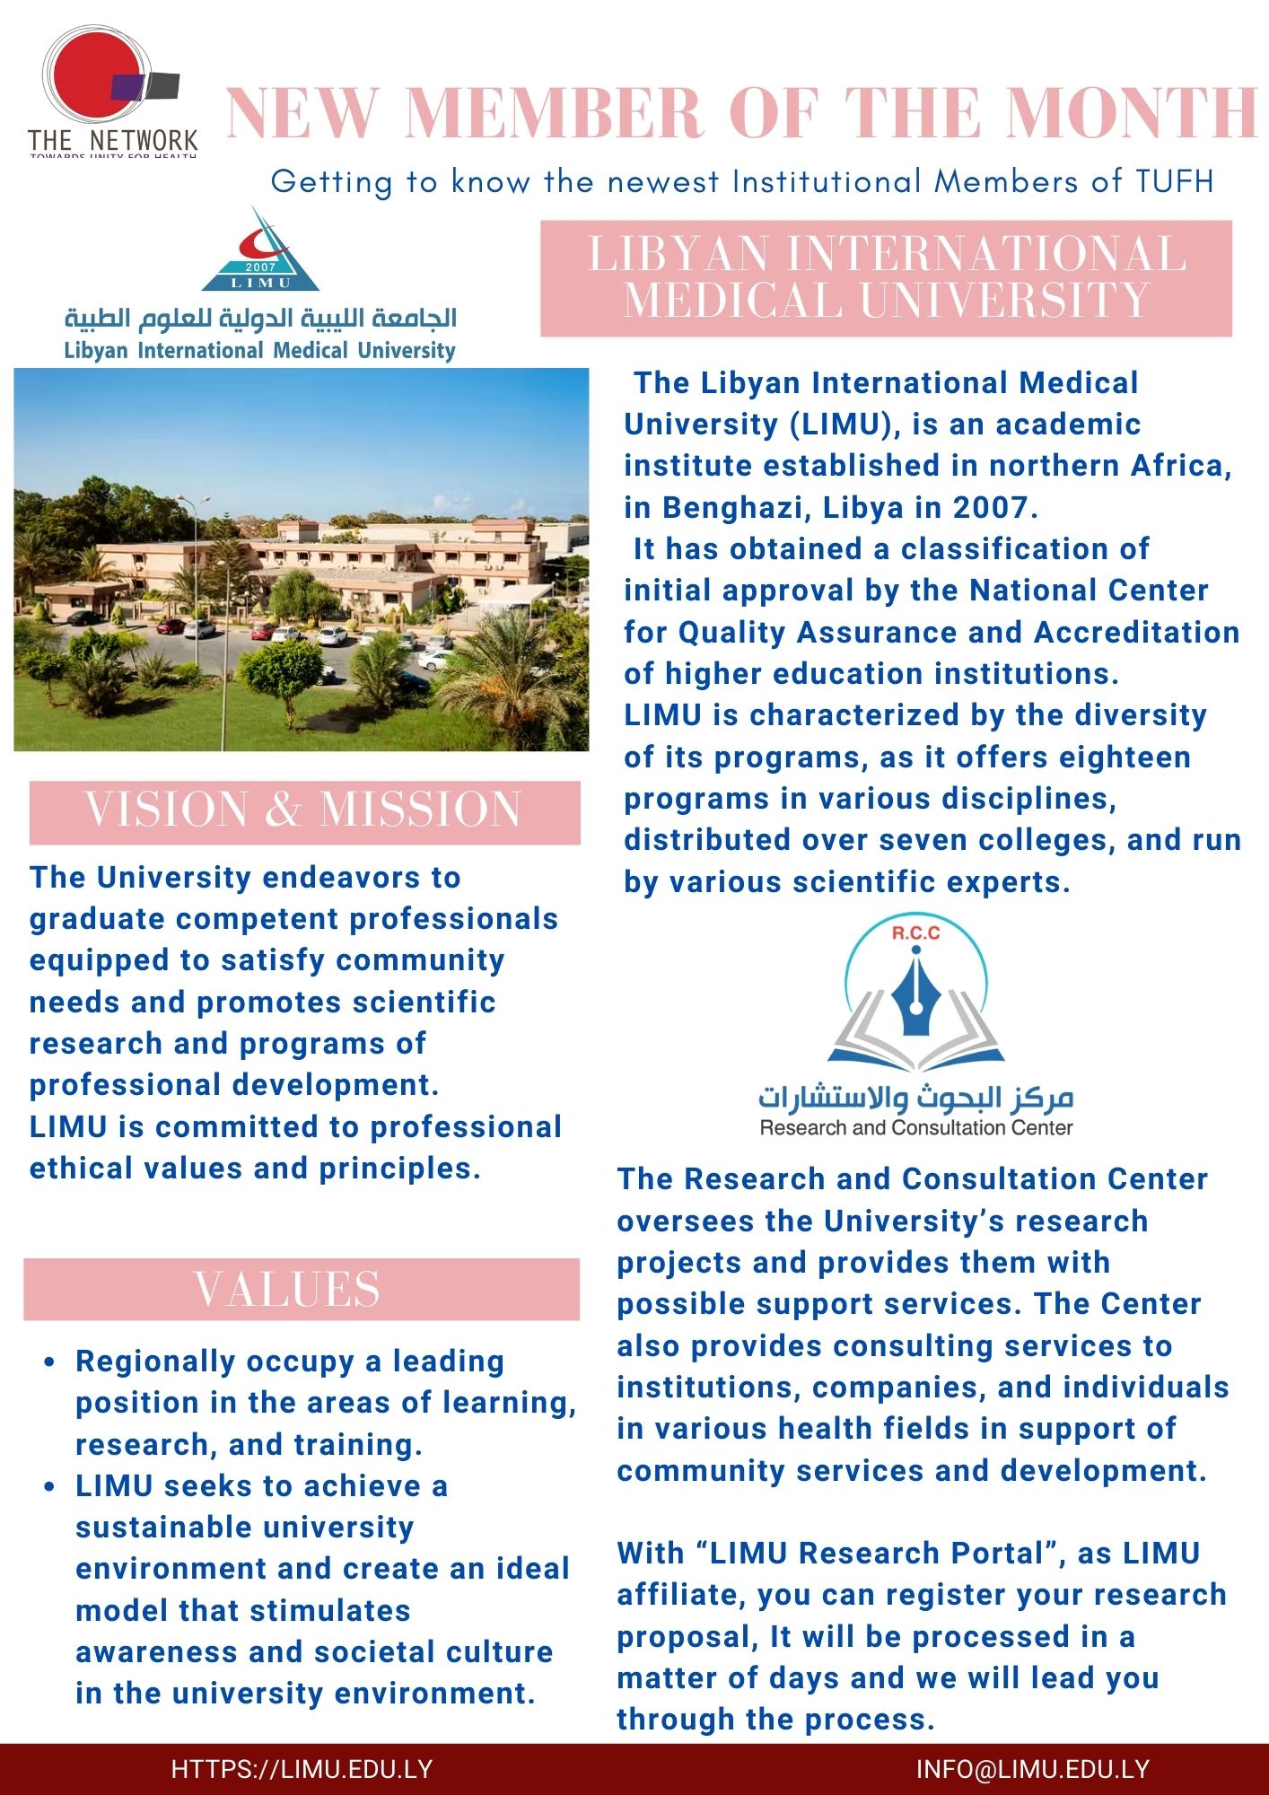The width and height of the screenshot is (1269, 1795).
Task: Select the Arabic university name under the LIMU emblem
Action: click(260, 319)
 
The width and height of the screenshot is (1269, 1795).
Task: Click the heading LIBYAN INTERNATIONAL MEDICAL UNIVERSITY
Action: click(886, 277)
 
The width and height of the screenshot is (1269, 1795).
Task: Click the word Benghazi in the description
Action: click(733, 508)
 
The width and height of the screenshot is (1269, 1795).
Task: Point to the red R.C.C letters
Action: click(915, 933)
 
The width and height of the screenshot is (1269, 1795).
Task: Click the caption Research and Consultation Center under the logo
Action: click(915, 1128)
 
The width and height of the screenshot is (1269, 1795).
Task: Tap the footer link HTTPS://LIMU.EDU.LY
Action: click(302, 1769)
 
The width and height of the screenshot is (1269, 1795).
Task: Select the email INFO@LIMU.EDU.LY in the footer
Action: click(1032, 1769)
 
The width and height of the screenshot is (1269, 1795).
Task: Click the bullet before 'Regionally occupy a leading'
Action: click(50, 1362)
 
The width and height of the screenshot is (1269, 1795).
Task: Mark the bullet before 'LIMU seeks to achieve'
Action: click(50, 1487)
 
